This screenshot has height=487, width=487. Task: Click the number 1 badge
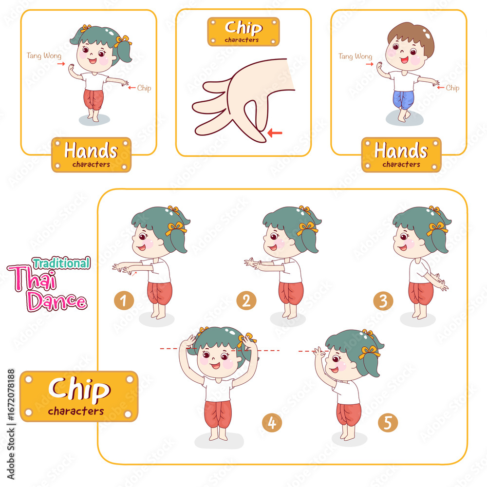[x=124, y=300]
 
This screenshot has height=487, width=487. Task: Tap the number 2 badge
[x=246, y=300]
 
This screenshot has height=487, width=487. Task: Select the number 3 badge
[x=383, y=300]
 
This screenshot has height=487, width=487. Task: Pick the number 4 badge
[x=272, y=422]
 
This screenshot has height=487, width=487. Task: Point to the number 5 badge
[x=388, y=422]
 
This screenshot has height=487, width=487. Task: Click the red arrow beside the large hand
[x=275, y=133]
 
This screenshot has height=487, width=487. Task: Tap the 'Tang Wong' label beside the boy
[x=356, y=56]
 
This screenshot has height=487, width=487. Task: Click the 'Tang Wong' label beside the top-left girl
[x=44, y=56]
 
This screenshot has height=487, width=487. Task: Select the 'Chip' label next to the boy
[x=452, y=88]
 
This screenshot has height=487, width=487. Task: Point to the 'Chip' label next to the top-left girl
[x=144, y=88]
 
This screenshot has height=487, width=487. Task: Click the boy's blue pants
[x=403, y=99]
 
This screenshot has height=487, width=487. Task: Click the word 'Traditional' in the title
[x=61, y=263]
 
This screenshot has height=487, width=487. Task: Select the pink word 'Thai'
[x=33, y=278]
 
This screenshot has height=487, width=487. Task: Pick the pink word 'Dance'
[x=56, y=301]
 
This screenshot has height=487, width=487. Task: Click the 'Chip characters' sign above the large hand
[x=243, y=32]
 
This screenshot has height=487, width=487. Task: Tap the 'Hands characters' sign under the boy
[x=401, y=155]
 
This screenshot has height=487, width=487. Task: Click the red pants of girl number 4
[x=218, y=414]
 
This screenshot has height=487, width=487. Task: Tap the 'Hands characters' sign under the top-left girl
[x=92, y=155]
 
